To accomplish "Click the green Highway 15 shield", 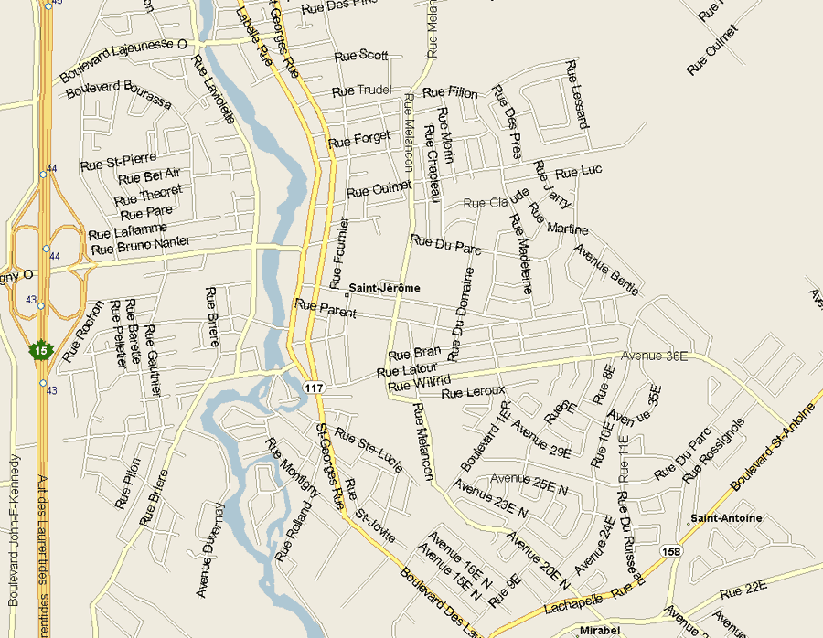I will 39,350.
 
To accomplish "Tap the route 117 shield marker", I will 315,388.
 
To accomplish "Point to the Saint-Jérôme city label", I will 384,288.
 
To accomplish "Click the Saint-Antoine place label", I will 726,518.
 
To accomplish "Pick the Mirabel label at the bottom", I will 601,631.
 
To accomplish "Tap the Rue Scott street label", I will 361,56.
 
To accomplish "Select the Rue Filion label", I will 450,92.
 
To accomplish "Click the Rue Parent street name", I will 325,308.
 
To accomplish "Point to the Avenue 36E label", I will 654,356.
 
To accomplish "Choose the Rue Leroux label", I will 473,393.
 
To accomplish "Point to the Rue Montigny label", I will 293,469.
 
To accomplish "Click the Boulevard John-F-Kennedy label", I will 13,530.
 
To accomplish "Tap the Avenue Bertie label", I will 607,270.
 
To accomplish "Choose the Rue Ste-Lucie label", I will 369,445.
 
